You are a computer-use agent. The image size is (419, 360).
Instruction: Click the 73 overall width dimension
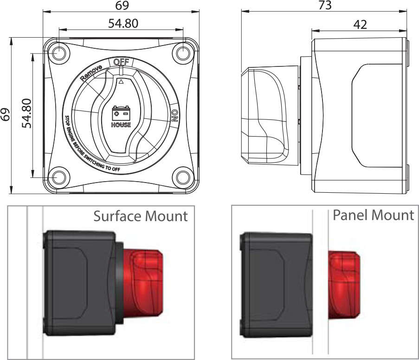pyautogui.click(x=325, y=6)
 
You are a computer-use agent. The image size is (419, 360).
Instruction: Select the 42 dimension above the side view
pyautogui.click(x=360, y=24)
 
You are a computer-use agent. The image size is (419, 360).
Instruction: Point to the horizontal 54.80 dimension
pyautogui.click(x=123, y=23)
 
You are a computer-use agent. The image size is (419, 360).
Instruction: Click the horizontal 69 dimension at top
pyautogui.click(x=122, y=6)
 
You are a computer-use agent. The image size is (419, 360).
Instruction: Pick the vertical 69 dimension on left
pyautogui.click(x=6, y=115)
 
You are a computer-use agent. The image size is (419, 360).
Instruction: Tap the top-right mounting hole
pyautogui.click(x=183, y=52)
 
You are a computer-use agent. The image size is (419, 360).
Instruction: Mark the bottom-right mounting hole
pyautogui.click(x=183, y=177)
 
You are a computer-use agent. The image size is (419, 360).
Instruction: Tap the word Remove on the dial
pyautogui.click(x=90, y=72)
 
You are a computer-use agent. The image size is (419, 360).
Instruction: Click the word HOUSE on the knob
pyautogui.click(x=121, y=124)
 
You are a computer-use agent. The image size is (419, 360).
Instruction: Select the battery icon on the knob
pyautogui.click(x=121, y=113)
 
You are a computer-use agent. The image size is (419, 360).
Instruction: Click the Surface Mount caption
pyautogui.click(x=141, y=216)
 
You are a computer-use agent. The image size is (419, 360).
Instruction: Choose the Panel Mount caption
pyautogui.click(x=373, y=215)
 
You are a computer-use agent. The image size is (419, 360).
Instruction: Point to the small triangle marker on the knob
pyautogui.click(x=121, y=82)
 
